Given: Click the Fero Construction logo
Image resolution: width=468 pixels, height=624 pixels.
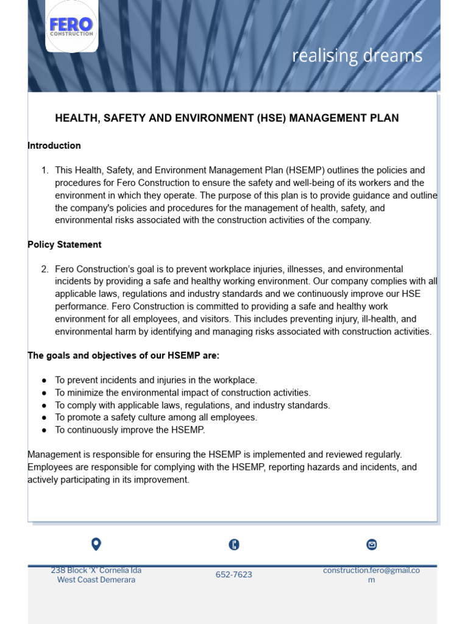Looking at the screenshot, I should click(x=71, y=26).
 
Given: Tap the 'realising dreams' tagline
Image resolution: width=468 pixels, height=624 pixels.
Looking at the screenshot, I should click(x=356, y=56).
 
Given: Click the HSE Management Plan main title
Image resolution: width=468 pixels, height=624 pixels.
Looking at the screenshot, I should click(x=227, y=118).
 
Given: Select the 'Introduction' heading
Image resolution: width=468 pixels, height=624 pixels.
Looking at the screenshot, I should click(x=54, y=146).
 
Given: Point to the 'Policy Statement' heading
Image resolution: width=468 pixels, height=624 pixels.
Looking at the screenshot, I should click(x=65, y=244).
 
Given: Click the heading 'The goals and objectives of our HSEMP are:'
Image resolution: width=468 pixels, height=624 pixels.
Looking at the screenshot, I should click(x=124, y=355).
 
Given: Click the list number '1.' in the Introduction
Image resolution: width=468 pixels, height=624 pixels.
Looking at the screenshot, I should click(x=45, y=171).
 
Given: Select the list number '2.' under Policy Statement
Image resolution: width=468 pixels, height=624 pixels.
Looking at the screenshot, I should click(x=45, y=269).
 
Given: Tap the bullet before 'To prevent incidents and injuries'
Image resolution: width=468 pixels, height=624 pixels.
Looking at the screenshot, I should click(x=44, y=380).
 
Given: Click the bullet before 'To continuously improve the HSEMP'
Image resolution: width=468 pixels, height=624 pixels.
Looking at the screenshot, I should click(x=44, y=430).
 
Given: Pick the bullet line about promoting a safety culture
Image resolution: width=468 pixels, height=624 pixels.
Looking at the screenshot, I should click(x=156, y=417).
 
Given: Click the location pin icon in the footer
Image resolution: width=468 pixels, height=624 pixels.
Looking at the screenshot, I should click(x=96, y=544).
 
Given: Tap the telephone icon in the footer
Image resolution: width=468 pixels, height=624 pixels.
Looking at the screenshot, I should click(x=234, y=545).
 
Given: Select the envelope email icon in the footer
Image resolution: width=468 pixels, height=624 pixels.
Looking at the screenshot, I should click(x=371, y=545).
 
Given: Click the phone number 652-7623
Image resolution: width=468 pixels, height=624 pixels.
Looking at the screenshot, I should click(x=234, y=575).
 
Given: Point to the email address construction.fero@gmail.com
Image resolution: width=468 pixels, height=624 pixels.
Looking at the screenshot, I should click(x=371, y=575).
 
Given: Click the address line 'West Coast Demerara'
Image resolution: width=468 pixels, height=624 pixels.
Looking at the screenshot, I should click(x=96, y=580).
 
